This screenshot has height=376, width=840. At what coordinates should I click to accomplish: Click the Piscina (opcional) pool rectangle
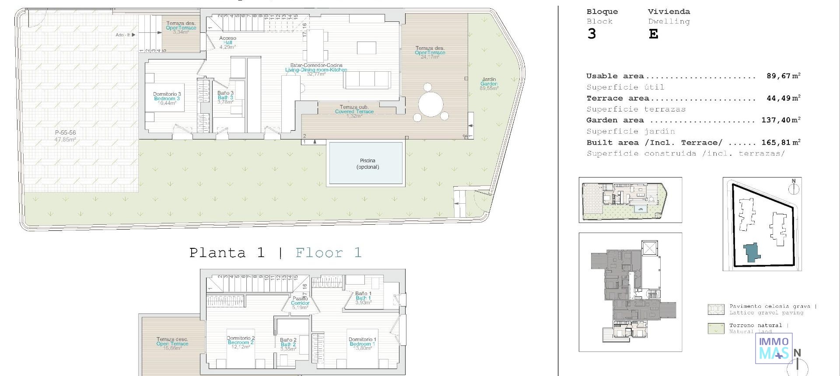pyautogui.click(x=365, y=163)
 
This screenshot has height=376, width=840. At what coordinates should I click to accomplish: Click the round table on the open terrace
pyautogui.click(x=431, y=104)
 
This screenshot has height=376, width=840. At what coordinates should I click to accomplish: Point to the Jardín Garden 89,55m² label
pyautogui.click(x=489, y=84)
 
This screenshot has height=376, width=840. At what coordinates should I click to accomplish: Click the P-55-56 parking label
pyautogui.click(x=65, y=136)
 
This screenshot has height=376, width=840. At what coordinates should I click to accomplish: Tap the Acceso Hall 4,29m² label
pyautogui.click(x=227, y=42)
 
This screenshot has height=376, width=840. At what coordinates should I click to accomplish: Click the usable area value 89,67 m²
pyautogui.click(x=783, y=76)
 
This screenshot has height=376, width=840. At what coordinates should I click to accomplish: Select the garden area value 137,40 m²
pyautogui.click(x=780, y=120)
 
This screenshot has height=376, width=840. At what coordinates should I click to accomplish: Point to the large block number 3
pyautogui.click(x=591, y=34)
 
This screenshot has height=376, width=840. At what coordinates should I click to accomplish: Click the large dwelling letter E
pyautogui.click(x=653, y=34)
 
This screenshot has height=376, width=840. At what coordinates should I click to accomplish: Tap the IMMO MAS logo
pyautogui.click(x=774, y=348)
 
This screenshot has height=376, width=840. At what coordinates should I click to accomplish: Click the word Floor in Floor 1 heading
pyautogui.click(x=319, y=253)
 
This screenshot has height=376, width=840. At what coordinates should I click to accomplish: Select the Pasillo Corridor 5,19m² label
pyautogui.click(x=300, y=303)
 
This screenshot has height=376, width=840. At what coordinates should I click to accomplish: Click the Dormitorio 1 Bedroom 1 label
pyautogui.click(x=362, y=341)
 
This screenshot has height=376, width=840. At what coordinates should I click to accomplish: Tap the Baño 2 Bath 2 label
pyautogui.click(x=288, y=344)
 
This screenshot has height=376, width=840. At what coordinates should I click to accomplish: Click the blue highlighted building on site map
pyautogui.click(x=751, y=253)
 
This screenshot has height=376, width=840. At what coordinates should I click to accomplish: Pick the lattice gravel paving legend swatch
pyautogui.click(x=716, y=309)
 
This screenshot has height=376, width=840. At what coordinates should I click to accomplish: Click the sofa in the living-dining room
pyautogui.click(x=367, y=80)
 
